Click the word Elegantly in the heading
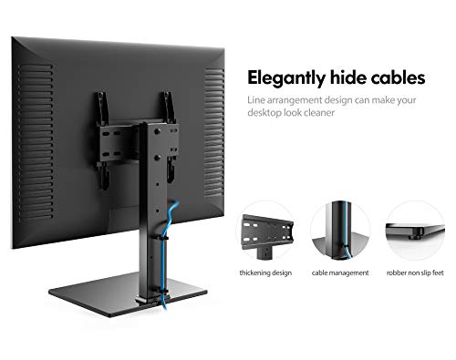[286, 78]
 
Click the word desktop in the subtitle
[264, 113]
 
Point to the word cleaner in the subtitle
[319, 113]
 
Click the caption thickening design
[265, 273]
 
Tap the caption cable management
[340, 273]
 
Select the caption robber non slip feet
[415, 273]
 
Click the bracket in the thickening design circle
[267, 234]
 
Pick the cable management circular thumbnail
[340, 231]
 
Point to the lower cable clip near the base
[161, 291]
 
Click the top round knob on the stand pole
[157, 131]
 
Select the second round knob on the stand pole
[157, 158]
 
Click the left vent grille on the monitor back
[36, 141]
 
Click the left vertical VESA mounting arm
[102, 140]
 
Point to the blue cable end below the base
[164, 305]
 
